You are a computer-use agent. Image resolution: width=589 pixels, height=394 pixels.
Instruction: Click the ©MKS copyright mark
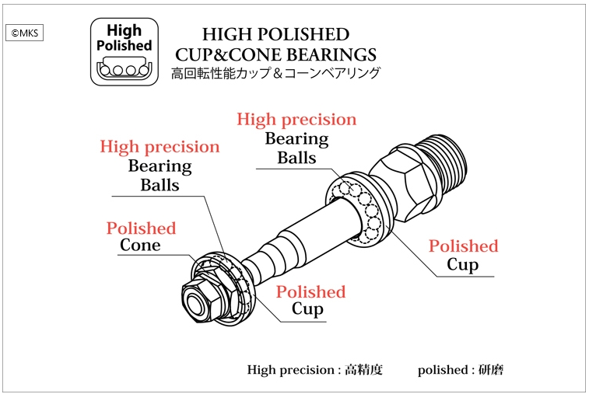(26, 33)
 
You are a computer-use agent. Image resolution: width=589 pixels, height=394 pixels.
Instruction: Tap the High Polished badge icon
(124, 51)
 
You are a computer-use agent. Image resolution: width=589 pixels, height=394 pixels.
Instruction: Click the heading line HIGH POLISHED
(275, 34)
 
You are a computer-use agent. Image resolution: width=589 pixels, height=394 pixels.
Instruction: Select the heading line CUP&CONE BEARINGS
(275, 54)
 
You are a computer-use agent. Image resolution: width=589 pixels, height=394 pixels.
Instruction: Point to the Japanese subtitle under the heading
(275, 74)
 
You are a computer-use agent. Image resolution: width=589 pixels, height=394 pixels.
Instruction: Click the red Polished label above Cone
(141, 228)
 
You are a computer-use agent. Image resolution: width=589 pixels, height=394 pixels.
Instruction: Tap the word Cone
(140, 246)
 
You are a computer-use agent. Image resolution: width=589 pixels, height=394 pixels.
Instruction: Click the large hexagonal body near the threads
(405, 183)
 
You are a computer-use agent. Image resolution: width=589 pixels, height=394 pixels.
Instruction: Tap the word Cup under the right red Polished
(462, 265)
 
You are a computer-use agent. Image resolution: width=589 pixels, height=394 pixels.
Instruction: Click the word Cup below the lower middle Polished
(307, 309)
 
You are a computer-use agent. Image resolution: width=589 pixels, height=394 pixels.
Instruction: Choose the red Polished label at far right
(463, 246)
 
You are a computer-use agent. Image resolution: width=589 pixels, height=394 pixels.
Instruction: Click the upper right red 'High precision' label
(296, 120)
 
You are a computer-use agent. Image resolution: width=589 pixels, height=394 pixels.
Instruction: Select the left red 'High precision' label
(160, 147)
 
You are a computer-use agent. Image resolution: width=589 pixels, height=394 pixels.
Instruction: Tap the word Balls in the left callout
(160, 185)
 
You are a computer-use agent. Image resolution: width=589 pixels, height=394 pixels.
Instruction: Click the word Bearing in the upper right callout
(296, 139)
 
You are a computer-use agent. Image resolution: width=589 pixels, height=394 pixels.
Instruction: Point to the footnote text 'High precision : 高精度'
(314, 370)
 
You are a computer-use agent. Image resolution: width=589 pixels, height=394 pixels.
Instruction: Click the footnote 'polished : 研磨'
(460, 370)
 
